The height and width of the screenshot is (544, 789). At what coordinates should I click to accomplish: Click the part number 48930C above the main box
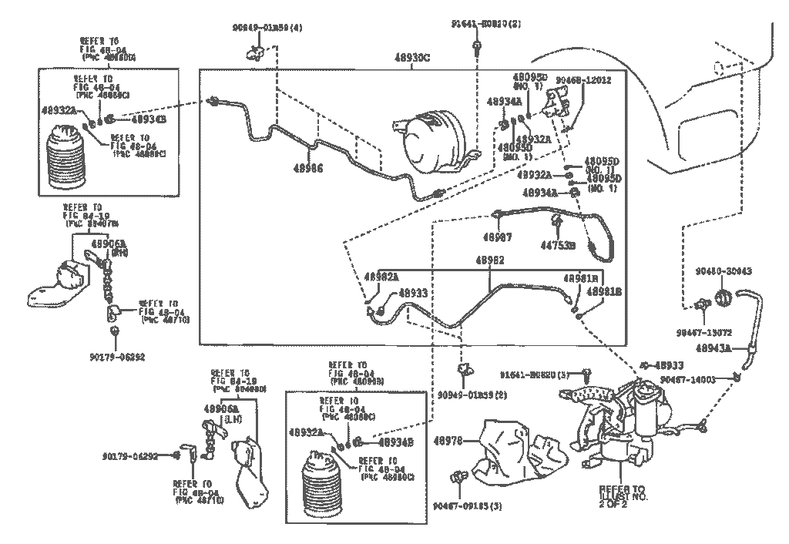coord(412,58)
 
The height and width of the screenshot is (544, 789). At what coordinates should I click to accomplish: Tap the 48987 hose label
coord(497,237)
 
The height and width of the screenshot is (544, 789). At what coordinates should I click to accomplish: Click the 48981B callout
coord(605,292)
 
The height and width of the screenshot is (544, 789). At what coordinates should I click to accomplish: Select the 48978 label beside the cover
coord(448,441)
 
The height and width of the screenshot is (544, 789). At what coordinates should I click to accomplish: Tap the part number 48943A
coord(713,348)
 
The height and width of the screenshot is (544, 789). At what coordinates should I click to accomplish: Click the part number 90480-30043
coord(723,271)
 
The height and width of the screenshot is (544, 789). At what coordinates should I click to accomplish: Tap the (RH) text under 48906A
coord(98,252)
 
